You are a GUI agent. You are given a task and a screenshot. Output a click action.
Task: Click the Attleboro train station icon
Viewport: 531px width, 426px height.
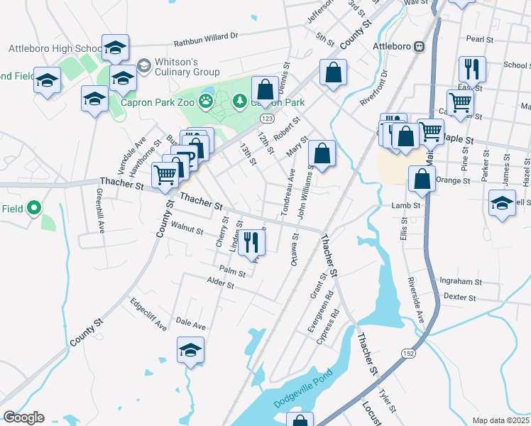(420, 47)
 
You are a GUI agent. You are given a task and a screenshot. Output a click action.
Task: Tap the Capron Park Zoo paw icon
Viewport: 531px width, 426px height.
(206, 102)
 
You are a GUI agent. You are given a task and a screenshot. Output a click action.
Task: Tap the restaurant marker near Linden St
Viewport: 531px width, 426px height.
(251, 243)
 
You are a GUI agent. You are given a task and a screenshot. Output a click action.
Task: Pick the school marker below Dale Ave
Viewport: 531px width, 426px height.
(190, 350)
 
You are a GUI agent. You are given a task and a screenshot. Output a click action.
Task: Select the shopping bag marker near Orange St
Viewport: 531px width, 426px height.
(422, 180)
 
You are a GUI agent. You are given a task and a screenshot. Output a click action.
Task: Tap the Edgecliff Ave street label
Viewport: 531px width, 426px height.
(148, 313)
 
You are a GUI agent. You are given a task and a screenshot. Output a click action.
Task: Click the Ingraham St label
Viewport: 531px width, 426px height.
(461, 281)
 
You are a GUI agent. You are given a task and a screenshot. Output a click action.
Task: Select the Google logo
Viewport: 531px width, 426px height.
(23, 417)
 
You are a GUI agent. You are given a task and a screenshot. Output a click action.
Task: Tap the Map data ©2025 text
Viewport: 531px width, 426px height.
(500, 420)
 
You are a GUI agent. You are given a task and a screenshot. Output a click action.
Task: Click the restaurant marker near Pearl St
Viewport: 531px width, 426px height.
(472, 70)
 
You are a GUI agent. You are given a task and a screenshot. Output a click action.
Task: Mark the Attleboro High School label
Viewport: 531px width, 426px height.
(55, 49)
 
